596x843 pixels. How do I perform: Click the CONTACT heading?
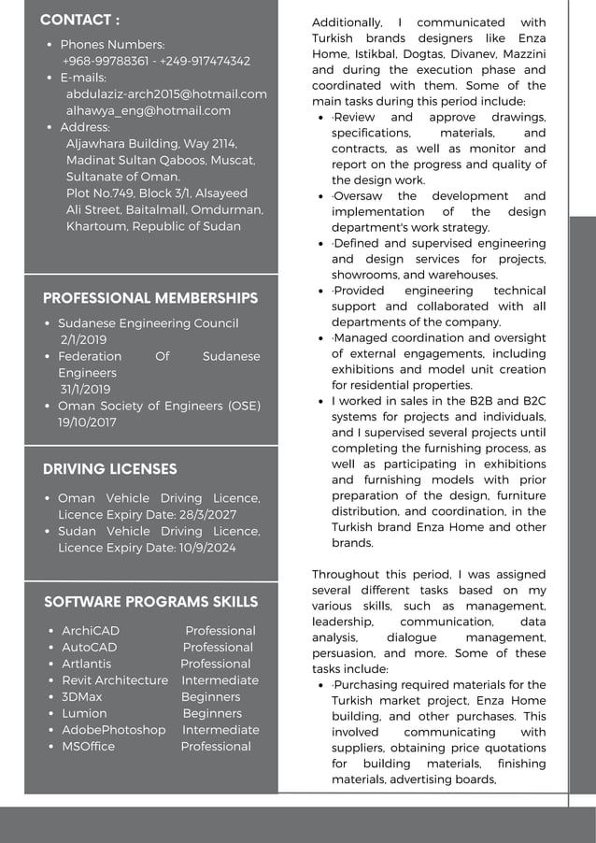[79, 20]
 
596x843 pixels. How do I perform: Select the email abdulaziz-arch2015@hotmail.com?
[166, 93]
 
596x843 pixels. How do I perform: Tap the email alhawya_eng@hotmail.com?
[148, 110]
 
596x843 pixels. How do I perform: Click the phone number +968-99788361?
[105, 61]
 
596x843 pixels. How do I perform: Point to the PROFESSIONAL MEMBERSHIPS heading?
[150, 298]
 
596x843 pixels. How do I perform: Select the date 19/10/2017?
[87, 422]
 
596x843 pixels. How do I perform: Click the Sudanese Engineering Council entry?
[148, 323]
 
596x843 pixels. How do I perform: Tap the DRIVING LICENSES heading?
[109, 468]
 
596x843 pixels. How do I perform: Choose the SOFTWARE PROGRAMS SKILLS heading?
[150, 601]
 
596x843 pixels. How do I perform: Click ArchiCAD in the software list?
[91, 631]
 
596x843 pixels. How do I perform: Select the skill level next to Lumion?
[212, 713]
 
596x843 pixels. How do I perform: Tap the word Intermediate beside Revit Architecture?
[220, 680]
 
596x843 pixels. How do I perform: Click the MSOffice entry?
[88, 747]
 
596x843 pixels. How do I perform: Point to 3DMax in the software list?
[82, 697]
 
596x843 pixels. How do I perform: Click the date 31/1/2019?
[85, 390]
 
